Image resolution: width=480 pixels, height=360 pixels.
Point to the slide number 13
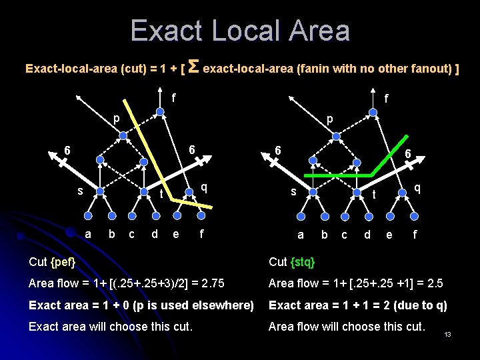448,334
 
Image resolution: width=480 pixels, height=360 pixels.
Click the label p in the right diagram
329,119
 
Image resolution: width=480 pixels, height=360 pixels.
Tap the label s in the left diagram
80,191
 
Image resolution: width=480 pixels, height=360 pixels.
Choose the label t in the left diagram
161,194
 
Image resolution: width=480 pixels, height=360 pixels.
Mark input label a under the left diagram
89,233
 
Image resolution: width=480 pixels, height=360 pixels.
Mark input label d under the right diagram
367,234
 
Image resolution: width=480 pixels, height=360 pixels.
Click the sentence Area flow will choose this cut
346,327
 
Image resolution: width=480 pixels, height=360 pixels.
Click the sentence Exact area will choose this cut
111,327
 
